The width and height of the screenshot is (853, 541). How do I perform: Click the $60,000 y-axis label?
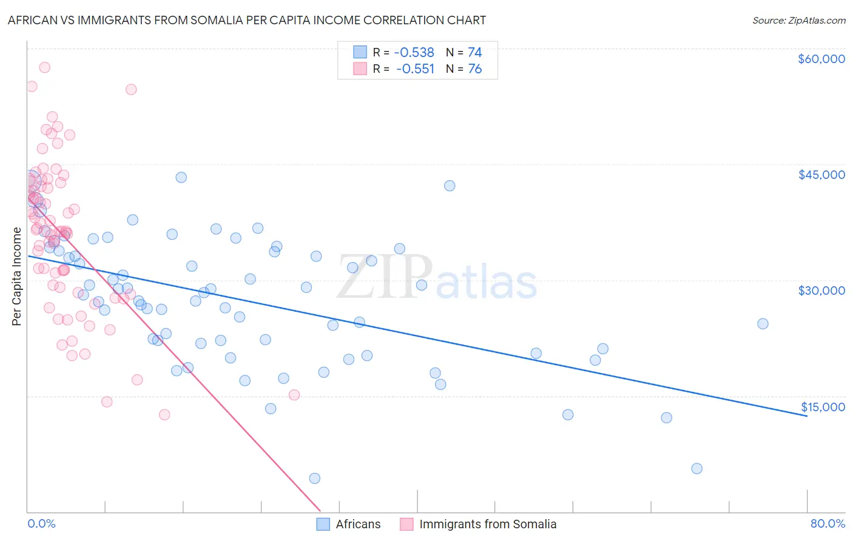coord(821,59)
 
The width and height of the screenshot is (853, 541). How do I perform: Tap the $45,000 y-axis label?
coord(821,175)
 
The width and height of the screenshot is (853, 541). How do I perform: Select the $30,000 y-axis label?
coord(821,291)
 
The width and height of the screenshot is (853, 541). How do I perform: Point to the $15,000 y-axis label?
coord(823,407)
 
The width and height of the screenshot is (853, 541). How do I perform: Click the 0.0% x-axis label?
coord(41,523)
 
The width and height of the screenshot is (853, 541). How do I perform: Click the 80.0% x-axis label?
coord(828,523)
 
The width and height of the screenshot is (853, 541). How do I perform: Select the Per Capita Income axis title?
coord(17,276)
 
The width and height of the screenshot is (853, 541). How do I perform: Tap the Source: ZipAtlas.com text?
coord(798,20)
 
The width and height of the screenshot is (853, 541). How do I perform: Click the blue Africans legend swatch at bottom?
coord(323,524)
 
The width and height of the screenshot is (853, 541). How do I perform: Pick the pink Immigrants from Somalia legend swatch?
coord(406,524)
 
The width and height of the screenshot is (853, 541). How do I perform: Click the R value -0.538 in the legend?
coord(415,52)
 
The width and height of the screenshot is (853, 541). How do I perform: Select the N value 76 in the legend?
coord(474,69)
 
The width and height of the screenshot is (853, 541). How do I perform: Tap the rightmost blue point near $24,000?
coord(763,323)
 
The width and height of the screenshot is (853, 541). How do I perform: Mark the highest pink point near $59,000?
coord(44,67)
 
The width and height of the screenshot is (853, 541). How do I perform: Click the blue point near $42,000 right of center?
coord(450,186)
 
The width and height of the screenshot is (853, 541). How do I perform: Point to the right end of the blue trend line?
coord(807,416)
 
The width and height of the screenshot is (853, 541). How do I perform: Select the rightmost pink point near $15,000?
coord(294,395)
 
